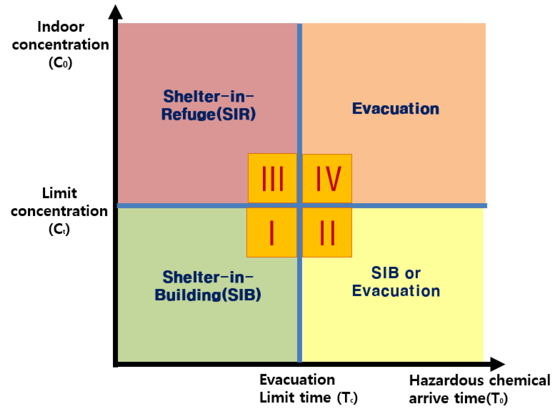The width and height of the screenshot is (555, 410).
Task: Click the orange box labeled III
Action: [x=272, y=178]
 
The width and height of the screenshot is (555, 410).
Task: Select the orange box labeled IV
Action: [x=327, y=178]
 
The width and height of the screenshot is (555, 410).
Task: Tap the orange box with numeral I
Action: [x=272, y=233]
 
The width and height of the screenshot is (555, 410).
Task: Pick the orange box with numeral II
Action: [x=327, y=233]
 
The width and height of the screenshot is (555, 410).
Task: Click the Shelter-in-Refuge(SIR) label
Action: [x=208, y=105]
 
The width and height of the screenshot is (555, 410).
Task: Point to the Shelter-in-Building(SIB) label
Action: [x=208, y=286]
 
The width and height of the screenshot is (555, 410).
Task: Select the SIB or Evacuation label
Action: [x=396, y=282]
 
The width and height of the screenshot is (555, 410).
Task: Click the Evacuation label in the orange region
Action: [x=395, y=109]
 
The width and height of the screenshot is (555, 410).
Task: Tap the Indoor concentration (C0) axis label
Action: [x=60, y=45]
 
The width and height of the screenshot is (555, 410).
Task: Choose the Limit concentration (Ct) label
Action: [x=59, y=211]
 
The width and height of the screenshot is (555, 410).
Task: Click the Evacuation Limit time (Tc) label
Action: [x=308, y=389]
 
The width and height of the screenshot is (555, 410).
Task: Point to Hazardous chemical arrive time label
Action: [x=479, y=389]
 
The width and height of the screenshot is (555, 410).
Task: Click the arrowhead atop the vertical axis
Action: [x=115, y=12]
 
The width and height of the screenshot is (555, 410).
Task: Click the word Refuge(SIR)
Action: [x=208, y=114]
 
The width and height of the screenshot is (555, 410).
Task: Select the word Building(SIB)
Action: [x=208, y=295]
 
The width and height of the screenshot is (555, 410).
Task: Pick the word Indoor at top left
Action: [x=61, y=27]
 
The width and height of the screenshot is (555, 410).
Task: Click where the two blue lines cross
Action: [x=300, y=205]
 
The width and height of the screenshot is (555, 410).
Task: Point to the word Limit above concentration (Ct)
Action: [x=59, y=193]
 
